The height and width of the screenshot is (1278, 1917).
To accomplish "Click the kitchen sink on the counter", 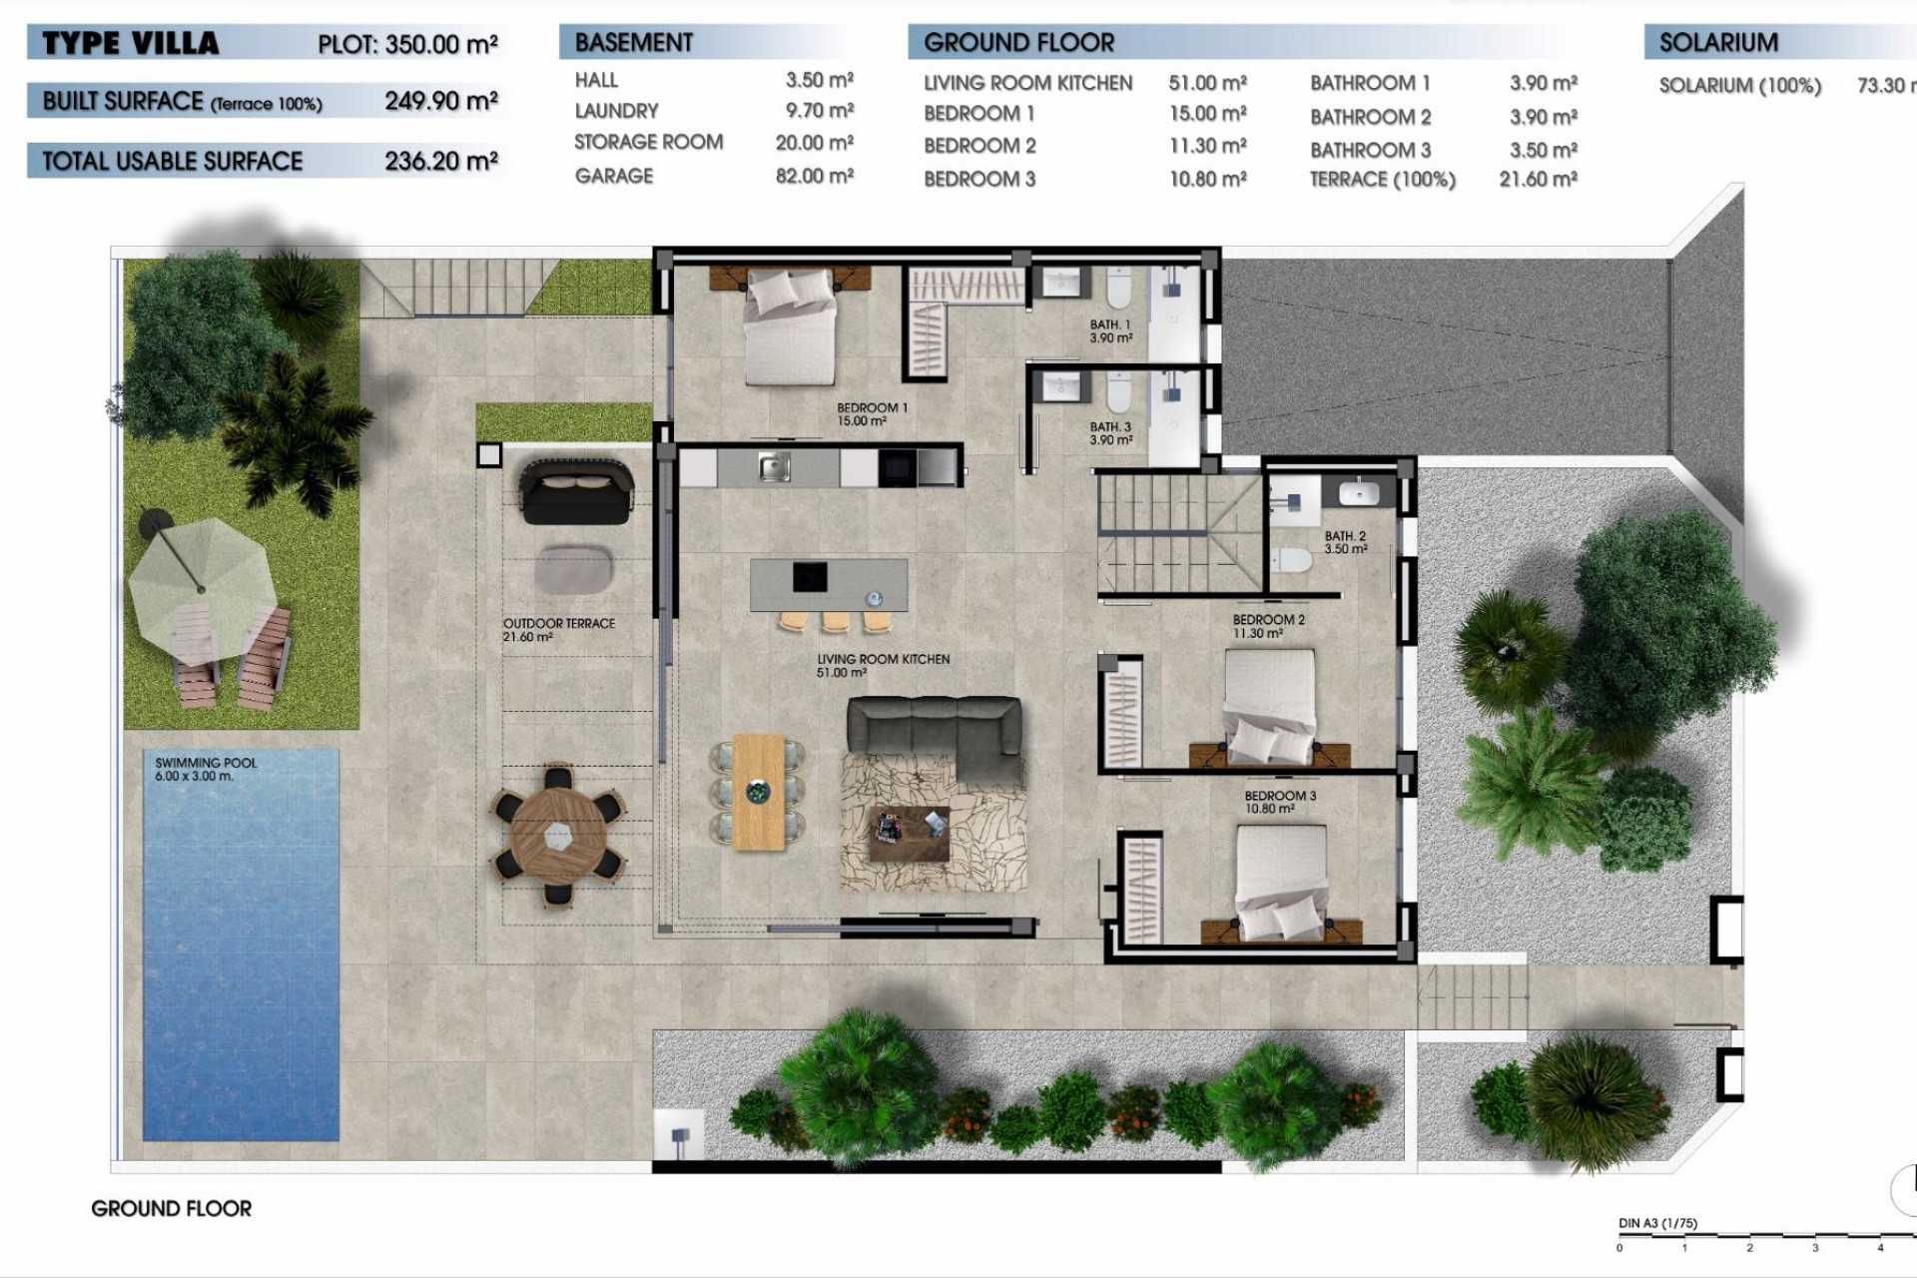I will pyautogui.click(x=774, y=466).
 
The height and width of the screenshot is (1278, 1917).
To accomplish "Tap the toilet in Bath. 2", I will pyautogui.click(x=1293, y=560).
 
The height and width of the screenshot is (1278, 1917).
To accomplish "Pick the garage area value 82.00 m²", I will pyautogui.click(x=814, y=176).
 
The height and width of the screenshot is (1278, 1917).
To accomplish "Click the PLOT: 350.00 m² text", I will pyautogui.click(x=406, y=45).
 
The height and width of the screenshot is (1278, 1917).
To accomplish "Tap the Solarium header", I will pyautogui.click(x=1717, y=43).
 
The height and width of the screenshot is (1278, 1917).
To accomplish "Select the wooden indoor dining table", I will pyautogui.click(x=759, y=793).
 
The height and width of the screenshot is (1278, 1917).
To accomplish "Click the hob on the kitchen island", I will pyautogui.click(x=810, y=576).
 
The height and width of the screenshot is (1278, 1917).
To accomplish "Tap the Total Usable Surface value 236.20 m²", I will pyautogui.click(x=440, y=161).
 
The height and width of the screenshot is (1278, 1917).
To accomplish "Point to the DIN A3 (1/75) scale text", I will pyautogui.click(x=1657, y=1223).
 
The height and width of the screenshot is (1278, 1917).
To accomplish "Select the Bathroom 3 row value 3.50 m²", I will pyautogui.click(x=1543, y=150).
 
